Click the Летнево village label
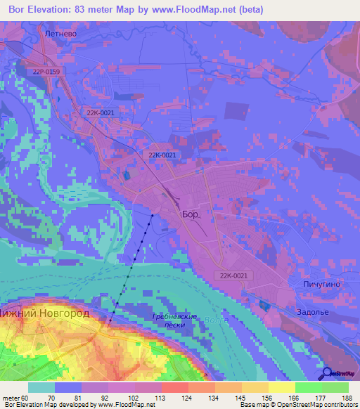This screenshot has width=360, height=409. point(58,33)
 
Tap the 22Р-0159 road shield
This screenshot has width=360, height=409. point(46,72)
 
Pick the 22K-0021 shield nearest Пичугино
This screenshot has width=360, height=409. point(232,276)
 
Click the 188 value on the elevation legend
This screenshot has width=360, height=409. point(347,397)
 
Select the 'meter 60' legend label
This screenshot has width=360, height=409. point(15,397)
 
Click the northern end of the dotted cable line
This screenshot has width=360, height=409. point(153,214)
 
